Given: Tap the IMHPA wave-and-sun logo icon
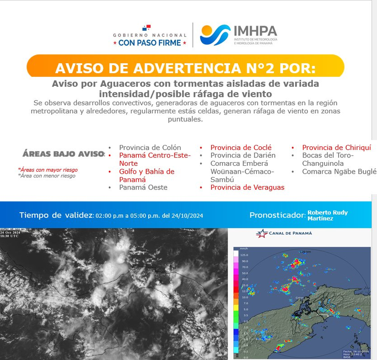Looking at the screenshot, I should pyautogui.click(x=215, y=35).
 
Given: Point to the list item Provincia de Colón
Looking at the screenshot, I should pyautogui.click(x=150, y=148).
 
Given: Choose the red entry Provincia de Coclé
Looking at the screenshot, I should pyautogui.click(x=241, y=148).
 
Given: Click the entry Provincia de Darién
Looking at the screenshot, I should pyautogui.click(x=243, y=155).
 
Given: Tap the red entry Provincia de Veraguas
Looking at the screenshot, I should pyautogui.click(x=247, y=187).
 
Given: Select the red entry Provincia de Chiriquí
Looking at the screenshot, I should pyautogui.click(x=336, y=148).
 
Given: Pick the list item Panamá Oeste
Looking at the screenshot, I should pyautogui.click(x=143, y=187).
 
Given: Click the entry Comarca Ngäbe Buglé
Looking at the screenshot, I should pyautogui.click(x=339, y=171).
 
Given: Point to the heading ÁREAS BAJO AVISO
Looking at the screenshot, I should pyautogui.click(x=63, y=154).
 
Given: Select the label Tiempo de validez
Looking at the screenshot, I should pyautogui.click(x=56, y=215).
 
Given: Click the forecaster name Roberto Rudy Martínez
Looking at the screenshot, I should pyautogui.click(x=327, y=215).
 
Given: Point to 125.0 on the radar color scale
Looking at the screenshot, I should pyautogui.click(x=244, y=255).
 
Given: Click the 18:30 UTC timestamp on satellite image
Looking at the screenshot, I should pyautogui.click(x=9, y=236).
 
